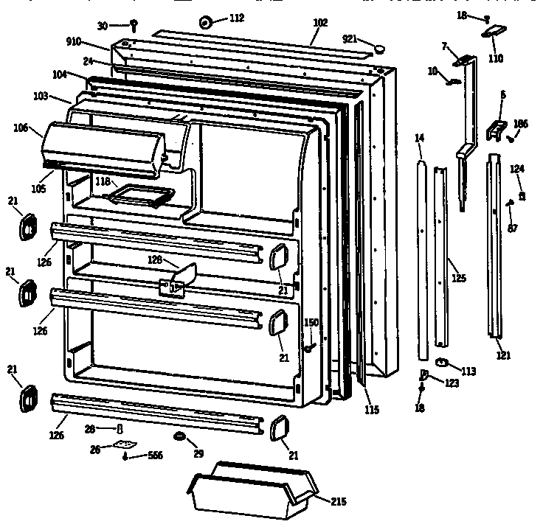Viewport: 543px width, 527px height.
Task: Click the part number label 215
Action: [339, 502]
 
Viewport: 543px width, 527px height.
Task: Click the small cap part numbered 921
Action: [380, 48]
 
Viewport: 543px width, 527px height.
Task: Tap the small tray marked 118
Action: [140, 195]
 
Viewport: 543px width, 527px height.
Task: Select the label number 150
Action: [311, 322]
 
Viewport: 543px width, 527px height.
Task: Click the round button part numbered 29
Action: [178, 438]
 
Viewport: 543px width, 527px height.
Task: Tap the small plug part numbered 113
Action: [443, 362]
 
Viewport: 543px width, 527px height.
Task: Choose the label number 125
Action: [458, 278]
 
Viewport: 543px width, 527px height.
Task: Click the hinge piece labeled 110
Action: [495, 32]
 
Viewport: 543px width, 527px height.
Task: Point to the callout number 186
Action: [521, 123]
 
